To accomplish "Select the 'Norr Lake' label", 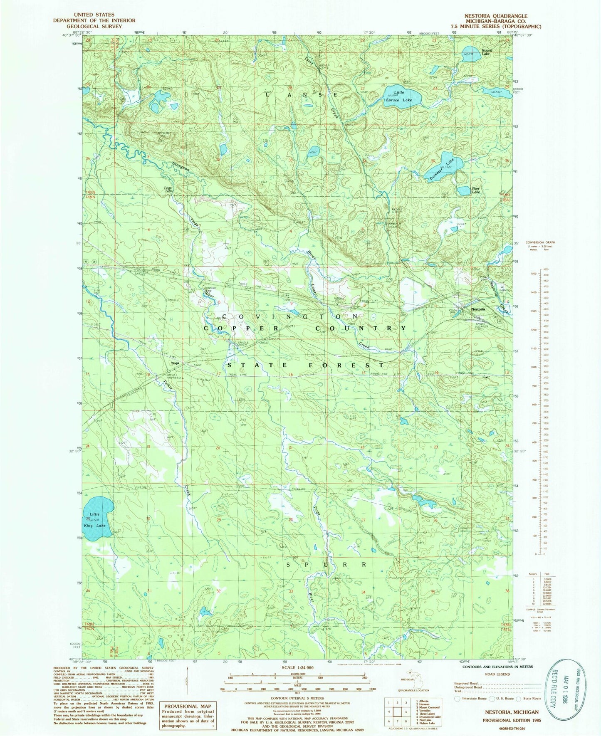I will coord(476,190).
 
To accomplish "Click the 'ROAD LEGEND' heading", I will coord(497,674).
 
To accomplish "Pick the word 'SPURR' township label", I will coord(327,565).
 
